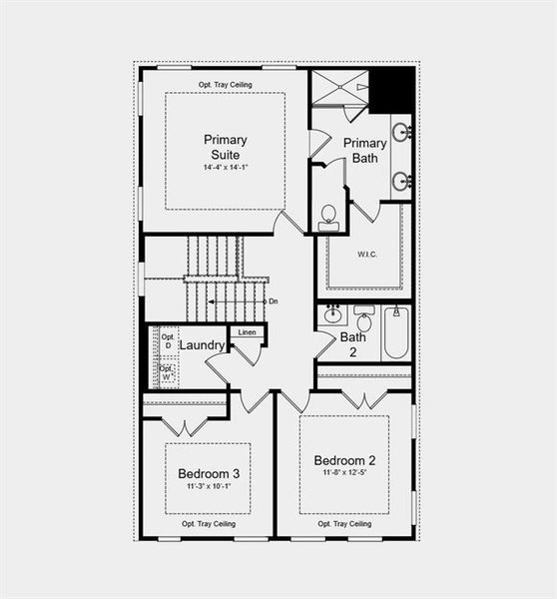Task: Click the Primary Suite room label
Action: [x=225, y=147]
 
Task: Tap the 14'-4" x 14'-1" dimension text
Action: [x=225, y=167]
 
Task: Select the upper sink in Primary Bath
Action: [x=400, y=131]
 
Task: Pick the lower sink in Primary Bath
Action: [x=400, y=181]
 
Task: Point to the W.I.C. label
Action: [x=366, y=254]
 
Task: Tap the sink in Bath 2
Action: [x=332, y=314]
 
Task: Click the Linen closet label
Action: [x=248, y=331]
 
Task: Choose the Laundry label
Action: [x=203, y=345]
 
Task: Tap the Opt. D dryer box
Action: [x=167, y=341]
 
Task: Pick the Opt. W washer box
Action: [x=167, y=373]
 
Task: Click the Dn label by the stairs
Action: [x=272, y=300]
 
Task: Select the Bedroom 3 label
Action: [x=209, y=472]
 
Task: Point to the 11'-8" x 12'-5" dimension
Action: [x=344, y=473]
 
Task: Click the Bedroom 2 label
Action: [x=344, y=460]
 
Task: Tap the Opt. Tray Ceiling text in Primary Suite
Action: [x=224, y=84]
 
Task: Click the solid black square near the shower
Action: [x=391, y=90]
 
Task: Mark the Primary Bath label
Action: [x=365, y=150]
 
